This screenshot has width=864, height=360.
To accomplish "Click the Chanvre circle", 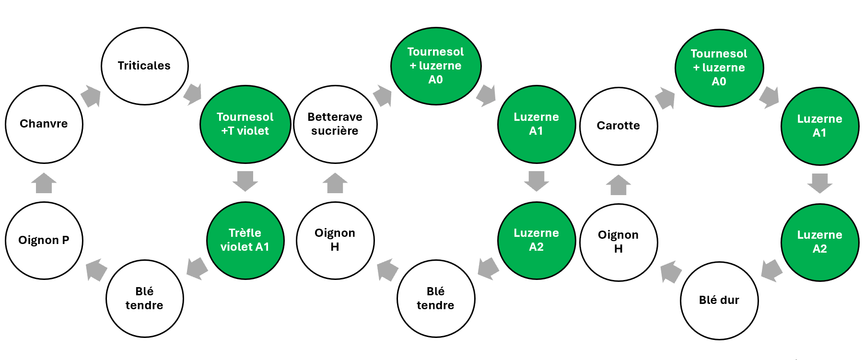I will click(x=44, y=124).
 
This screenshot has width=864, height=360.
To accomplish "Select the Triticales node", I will click(x=144, y=66).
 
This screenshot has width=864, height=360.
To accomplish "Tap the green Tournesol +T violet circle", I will click(x=245, y=124).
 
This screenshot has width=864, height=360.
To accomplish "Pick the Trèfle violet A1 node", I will click(x=245, y=240).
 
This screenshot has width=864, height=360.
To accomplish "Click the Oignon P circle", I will click(x=44, y=240).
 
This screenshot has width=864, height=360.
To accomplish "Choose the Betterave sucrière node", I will click(x=335, y=124).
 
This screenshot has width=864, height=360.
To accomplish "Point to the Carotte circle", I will click(x=619, y=126).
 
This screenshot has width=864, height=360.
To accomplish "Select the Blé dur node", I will click(x=719, y=301).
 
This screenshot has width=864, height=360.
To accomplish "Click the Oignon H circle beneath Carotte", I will click(x=619, y=242).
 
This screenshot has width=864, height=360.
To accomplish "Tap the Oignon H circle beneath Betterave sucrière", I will click(x=335, y=240).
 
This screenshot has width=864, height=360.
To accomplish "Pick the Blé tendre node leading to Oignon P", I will click(x=144, y=299).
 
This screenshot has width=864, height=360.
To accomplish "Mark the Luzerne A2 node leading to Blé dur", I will click(x=820, y=242).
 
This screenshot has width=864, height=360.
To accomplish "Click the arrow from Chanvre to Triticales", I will click(x=91, y=96).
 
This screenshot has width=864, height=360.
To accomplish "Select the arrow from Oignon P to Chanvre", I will click(x=44, y=183).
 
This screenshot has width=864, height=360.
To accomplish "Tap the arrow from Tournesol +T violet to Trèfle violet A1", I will click(x=245, y=181).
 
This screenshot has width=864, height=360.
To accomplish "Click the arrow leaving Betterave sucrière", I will click(x=383, y=96).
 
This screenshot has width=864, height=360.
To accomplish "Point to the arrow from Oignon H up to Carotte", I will click(x=619, y=185).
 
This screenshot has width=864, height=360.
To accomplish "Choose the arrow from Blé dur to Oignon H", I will click(x=671, y=272).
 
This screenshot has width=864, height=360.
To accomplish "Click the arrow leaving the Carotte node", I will click(x=665, y=98).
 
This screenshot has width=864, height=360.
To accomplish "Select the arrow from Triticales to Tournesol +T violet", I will click(x=193, y=94).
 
